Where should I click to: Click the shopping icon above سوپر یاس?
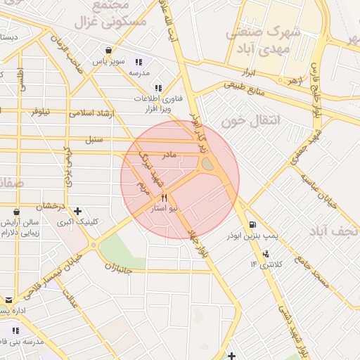(x=108, y=51)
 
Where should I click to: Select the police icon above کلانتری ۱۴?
(x=265, y=254)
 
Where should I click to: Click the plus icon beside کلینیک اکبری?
(x=77, y=211)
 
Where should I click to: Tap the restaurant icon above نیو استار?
(x=164, y=198)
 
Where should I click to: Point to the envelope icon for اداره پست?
(x=9, y=300)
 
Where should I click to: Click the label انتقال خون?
(x=251, y=121)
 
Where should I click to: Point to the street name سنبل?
(x=94, y=139)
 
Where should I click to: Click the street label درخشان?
(x=51, y=206)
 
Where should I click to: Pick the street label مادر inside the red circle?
(x=169, y=154)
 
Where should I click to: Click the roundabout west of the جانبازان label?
(x=93, y=245)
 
